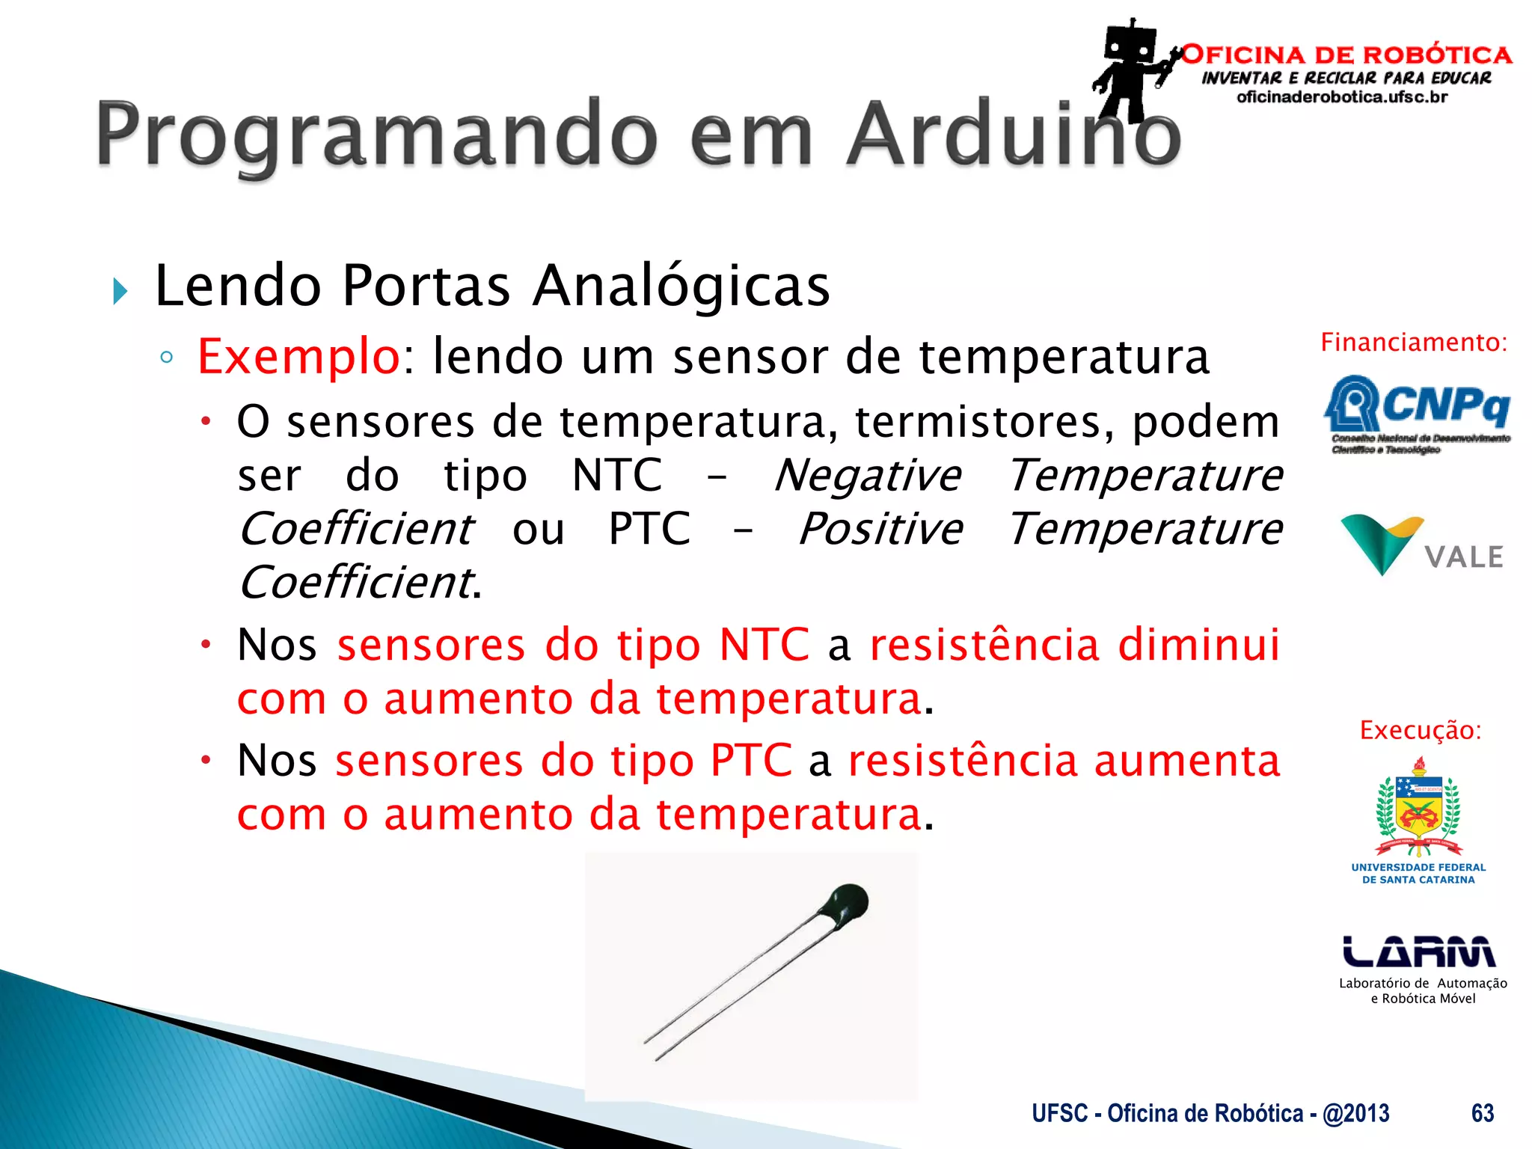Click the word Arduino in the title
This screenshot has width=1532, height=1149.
coord(1014,135)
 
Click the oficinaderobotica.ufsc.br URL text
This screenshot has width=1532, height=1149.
coord(1342,97)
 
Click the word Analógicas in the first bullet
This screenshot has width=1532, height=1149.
coord(681,286)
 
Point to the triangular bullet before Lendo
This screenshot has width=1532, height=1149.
coord(120,290)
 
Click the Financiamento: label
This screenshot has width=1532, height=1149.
coord(1414,343)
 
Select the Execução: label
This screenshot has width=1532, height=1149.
coord(1420,730)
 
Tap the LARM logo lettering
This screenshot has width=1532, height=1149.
coord(1418,952)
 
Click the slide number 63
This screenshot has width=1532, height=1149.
coord(1482,1113)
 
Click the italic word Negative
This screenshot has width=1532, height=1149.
coord(868,476)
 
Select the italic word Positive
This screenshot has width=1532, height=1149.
coord(880,530)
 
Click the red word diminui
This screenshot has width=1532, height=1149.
coord(1198,645)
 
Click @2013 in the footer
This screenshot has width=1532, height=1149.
coord(1355,1113)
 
